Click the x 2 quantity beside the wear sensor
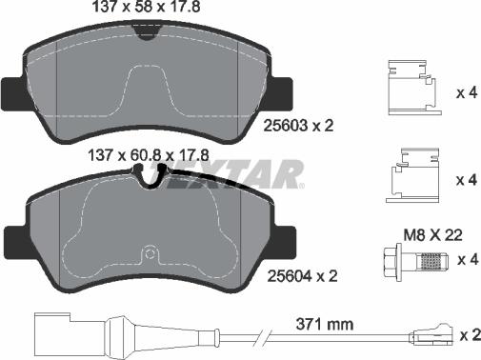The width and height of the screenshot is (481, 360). pyautogui.click(x=467, y=334)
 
